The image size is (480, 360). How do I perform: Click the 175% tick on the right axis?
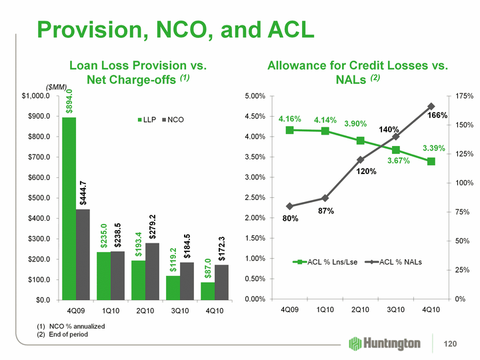click(462, 96)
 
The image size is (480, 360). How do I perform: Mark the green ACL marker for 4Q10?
click(431, 161)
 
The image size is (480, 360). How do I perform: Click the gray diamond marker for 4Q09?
click(289, 206)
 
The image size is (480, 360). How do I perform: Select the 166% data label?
click(437, 115)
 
